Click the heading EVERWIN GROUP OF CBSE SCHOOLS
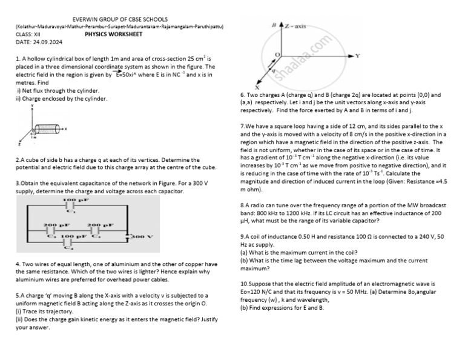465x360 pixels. (x=120, y=19)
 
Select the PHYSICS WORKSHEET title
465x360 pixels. (x=113, y=35)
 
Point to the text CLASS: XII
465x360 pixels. (x=28, y=35)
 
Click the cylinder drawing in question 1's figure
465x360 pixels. (x=47, y=128)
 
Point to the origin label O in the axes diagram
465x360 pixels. (x=278, y=55)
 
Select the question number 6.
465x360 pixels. (x=242, y=95)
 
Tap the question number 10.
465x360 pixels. (x=244, y=284)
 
